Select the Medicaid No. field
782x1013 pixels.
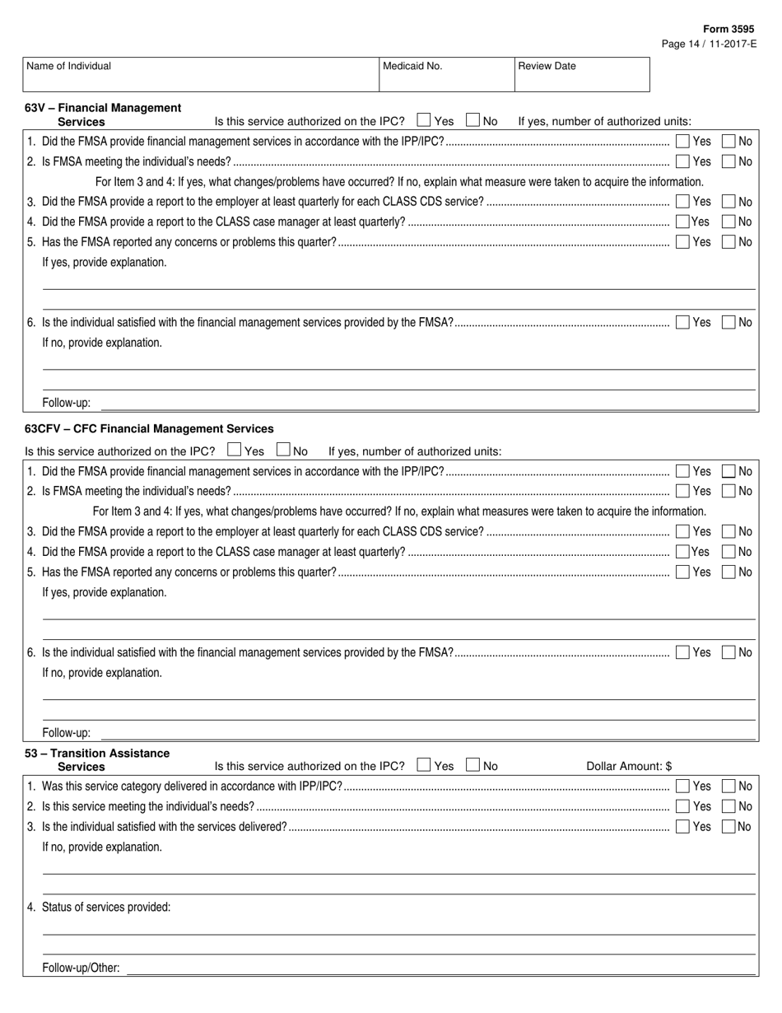coord(445,74)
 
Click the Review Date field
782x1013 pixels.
coord(581,74)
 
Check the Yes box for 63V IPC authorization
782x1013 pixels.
coord(424,120)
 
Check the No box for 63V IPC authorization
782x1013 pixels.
coord(472,120)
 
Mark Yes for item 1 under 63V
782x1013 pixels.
coord(682,141)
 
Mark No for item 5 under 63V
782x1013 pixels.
coord(728,242)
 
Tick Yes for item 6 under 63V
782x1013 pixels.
coord(682,323)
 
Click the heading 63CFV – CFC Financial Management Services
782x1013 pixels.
coord(149,429)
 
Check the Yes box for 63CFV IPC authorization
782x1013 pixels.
coord(234,450)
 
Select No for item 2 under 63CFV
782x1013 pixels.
coord(728,492)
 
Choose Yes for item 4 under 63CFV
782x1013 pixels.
coord(682,552)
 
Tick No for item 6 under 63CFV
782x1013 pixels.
coord(728,653)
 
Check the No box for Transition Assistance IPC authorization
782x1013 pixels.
coord(472,765)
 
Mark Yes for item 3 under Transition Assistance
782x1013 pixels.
coord(682,827)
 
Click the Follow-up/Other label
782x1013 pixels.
coord(81,969)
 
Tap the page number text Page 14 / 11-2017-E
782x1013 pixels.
coord(708,44)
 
